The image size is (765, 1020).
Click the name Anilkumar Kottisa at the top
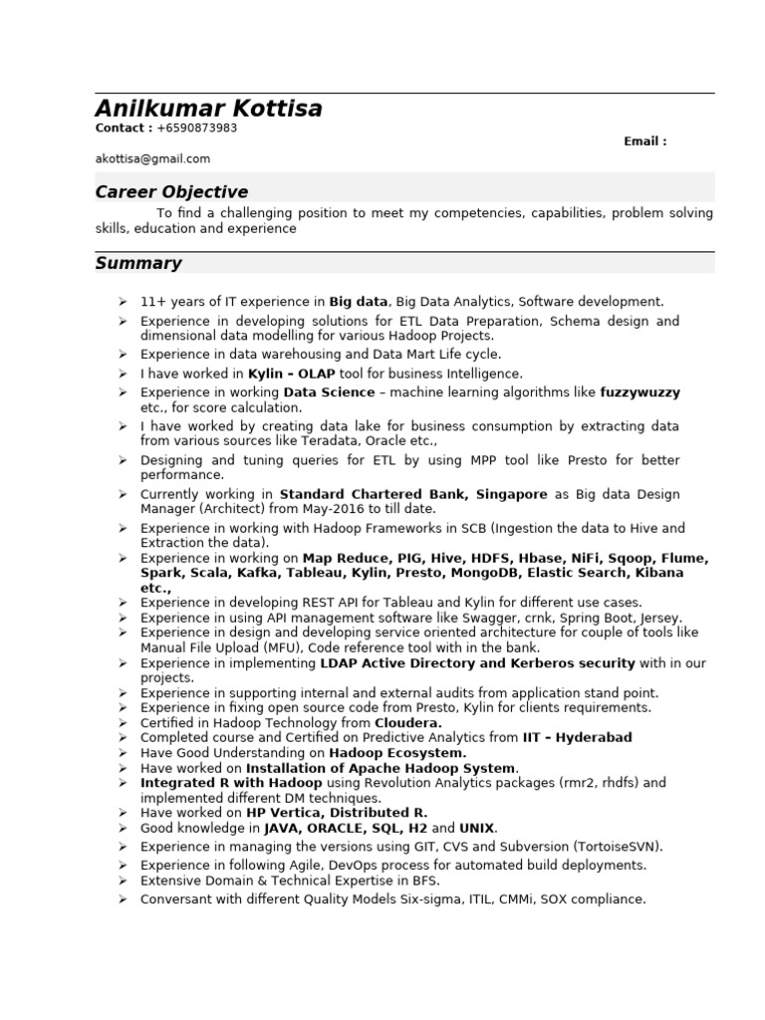209,109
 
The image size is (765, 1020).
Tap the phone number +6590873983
197,128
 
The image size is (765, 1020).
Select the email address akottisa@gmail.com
152,158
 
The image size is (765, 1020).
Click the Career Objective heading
171,191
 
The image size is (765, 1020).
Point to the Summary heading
138,263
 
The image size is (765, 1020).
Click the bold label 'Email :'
645,141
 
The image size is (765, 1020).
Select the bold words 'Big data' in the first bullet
359,301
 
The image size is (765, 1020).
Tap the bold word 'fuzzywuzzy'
640,392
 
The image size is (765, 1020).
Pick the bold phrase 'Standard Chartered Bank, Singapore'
413,494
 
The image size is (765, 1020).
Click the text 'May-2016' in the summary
340,508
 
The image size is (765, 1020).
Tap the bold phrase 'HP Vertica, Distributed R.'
337,813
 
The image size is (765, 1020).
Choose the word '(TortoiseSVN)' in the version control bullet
617,846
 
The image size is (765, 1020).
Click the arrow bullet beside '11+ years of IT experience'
121,301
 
